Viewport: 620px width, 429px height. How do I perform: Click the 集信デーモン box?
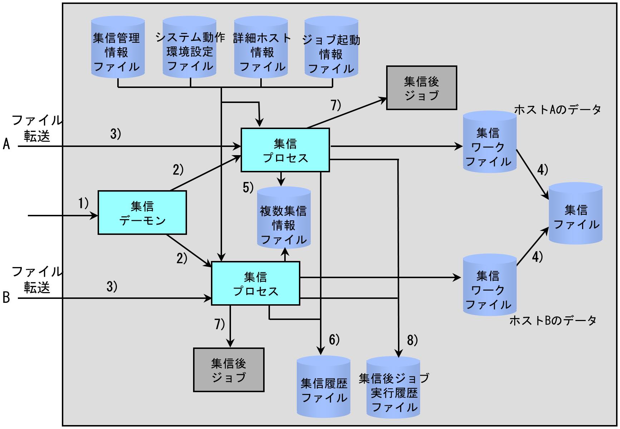(142, 213)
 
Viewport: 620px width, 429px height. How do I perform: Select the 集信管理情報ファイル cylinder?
(118, 47)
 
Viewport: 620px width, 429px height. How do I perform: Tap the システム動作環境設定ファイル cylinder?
(190, 47)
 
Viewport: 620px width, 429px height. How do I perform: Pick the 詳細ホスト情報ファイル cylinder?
(261, 47)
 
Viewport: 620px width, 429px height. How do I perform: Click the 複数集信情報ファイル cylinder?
(284, 218)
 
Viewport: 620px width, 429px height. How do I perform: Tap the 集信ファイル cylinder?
(576, 213)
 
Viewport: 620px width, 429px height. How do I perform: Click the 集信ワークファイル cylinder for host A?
(490, 142)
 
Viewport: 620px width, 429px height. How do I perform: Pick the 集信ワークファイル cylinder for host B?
(490, 285)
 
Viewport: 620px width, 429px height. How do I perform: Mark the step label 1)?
(83, 204)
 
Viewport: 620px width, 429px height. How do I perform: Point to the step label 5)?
(248, 187)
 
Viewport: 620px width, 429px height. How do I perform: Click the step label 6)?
(334, 340)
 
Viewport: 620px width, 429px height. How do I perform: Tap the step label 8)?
(412, 341)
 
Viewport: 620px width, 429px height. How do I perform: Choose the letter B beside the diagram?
(6, 297)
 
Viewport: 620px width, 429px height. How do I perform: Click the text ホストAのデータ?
(557, 109)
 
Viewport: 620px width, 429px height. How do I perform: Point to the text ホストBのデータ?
(553, 321)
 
